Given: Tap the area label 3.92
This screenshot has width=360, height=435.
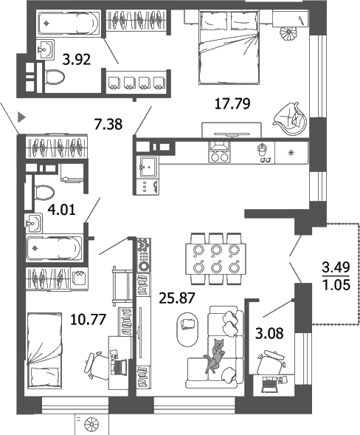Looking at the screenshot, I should pyautogui.click(x=77, y=60).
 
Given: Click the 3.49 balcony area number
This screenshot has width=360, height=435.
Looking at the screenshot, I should pyautogui.click(x=337, y=266).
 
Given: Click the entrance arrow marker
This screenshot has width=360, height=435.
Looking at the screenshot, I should pyautogui.click(x=22, y=115).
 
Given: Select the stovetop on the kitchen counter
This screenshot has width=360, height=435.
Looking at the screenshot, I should pyautogui.click(x=219, y=156).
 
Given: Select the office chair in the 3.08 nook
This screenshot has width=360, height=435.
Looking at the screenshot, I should pyautogui.click(x=272, y=363).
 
